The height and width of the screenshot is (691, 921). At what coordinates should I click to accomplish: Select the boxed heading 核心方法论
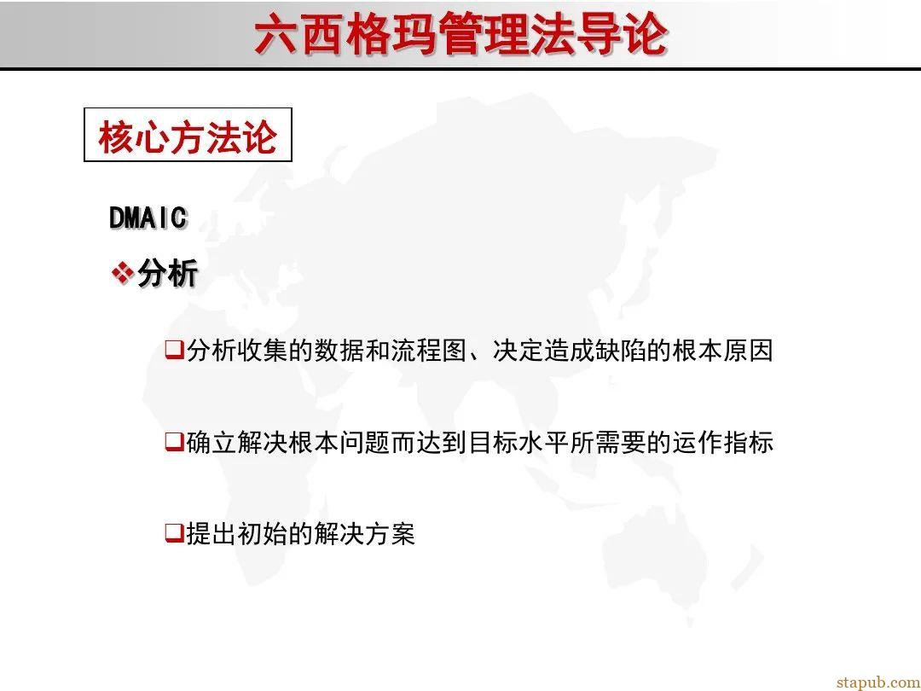click(188, 136)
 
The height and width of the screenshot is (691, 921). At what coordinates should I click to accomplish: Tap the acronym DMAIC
click(148, 218)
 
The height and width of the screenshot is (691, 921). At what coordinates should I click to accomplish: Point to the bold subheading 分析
click(168, 274)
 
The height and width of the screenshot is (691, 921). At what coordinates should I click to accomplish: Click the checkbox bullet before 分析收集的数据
click(174, 350)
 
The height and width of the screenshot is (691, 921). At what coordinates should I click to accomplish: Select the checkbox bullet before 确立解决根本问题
click(174, 442)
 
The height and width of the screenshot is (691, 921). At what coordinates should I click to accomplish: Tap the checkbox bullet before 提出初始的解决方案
click(174, 534)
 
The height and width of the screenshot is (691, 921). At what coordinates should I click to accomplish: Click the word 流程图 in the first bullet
click(429, 351)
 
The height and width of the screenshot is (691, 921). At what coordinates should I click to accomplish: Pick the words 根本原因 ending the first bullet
click(722, 351)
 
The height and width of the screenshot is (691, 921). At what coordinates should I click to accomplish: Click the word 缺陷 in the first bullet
click(620, 351)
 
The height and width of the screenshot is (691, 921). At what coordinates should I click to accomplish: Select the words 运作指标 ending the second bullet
click(722, 443)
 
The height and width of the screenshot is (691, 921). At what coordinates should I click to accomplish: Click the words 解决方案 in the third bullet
click(364, 535)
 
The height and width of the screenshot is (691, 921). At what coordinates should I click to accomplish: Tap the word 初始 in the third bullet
click(263, 535)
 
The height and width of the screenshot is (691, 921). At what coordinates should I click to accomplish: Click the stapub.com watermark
click(878, 682)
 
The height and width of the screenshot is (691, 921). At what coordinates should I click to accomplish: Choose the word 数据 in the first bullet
click(339, 351)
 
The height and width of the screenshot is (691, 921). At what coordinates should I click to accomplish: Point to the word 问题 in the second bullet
click(365, 443)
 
